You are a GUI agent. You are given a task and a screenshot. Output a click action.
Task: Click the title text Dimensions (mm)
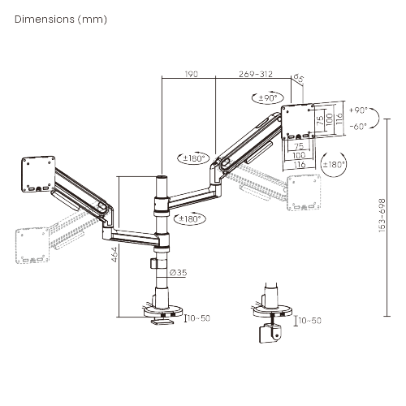click(x=61, y=17)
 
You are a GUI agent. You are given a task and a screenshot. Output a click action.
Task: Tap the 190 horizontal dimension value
click(x=191, y=73)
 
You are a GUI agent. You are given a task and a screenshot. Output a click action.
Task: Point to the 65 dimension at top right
click(x=300, y=80)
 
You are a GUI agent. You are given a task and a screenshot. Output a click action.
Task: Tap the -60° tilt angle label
click(x=357, y=126)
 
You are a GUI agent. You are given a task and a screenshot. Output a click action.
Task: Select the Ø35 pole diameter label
click(x=179, y=272)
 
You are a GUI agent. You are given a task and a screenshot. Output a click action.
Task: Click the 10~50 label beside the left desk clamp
click(x=199, y=317)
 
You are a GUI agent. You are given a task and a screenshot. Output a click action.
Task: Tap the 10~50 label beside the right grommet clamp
click(x=309, y=321)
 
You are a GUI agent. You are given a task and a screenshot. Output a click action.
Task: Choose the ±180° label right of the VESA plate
click(x=335, y=164)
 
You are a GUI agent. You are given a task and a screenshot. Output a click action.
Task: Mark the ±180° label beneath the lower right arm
click(x=188, y=218)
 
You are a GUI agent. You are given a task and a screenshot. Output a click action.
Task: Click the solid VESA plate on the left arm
click(x=37, y=174)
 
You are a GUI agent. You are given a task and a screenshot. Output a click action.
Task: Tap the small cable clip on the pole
click(x=153, y=266)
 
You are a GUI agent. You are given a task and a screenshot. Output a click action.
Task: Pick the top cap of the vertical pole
click(x=162, y=177)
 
